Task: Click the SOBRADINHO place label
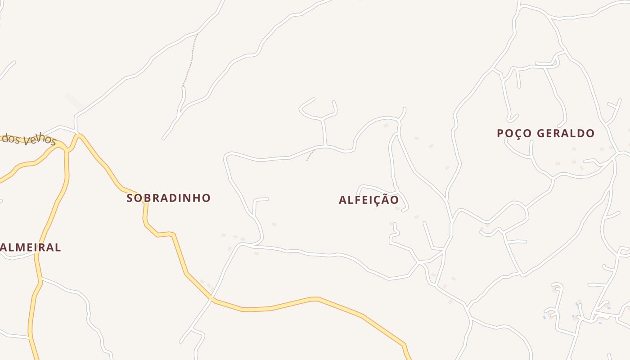(x=168, y=198)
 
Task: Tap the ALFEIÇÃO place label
(x=369, y=200)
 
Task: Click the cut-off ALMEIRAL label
(x=31, y=247)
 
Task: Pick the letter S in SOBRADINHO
(x=130, y=198)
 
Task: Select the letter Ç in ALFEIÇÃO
(x=377, y=200)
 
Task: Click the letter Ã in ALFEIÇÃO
(x=386, y=199)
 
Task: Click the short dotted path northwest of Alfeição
(x=310, y=155)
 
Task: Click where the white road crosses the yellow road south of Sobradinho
(x=212, y=298)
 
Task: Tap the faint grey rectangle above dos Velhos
(x=74, y=101)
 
